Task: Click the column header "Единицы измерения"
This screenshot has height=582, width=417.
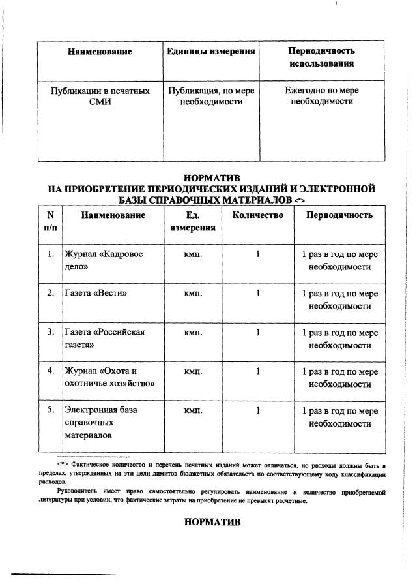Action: (x=210, y=51)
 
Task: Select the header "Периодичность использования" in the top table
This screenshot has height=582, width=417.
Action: (x=321, y=57)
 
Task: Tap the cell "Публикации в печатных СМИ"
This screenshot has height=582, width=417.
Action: (x=100, y=97)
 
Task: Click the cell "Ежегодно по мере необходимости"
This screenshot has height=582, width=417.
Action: (x=321, y=97)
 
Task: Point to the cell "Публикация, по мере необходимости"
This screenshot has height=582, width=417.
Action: (x=210, y=97)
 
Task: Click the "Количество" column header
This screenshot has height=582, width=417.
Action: (x=257, y=215)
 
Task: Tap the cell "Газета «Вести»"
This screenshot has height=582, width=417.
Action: (x=94, y=294)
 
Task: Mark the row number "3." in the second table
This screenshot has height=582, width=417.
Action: (x=50, y=333)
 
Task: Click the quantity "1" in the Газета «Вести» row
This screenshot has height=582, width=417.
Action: (x=258, y=294)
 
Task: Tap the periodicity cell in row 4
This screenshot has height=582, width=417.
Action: (x=339, y=378)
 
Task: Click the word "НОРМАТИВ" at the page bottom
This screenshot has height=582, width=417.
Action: (x=212, y=523)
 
